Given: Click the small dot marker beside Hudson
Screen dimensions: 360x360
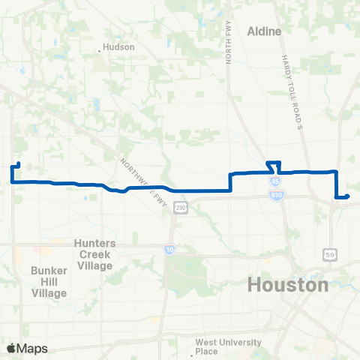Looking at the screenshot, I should pyautogui.click(x=100, y=51).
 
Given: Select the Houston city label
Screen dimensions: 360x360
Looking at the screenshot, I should pyautogui.click(x=288, y=285).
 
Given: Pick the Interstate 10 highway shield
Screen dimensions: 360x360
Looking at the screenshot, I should pyautogui.click(x=170, y=250).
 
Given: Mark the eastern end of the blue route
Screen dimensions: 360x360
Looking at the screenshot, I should pyautogui.click(x=349, y=196).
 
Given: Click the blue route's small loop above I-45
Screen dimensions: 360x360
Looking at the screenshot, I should pyautogui.click(x=274, y=166).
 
